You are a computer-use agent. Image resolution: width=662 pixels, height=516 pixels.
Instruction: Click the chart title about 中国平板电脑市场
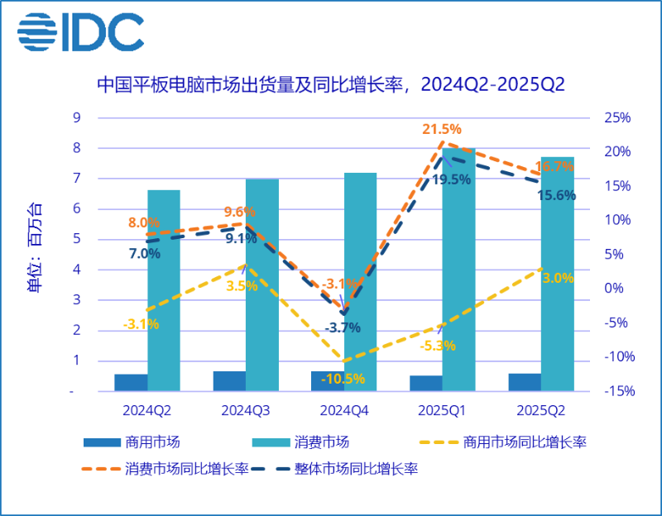(x=331, y=84)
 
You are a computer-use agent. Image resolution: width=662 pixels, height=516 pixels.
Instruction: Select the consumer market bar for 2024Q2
(x=164, y=289)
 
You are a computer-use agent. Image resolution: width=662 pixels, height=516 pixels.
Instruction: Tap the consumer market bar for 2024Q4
(x=360, y=281)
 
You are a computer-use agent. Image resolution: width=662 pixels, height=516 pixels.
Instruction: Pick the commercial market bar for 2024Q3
(x=229, y=381)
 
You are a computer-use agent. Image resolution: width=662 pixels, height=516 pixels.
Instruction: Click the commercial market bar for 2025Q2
(x=525, y=383)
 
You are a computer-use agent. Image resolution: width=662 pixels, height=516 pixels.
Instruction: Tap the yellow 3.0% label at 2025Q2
(x=557, y=278)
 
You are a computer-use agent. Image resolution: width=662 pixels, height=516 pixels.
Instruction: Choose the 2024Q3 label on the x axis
(x=245, y=409)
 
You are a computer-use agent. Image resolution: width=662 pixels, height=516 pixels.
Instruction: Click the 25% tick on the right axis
(x=616, y=117)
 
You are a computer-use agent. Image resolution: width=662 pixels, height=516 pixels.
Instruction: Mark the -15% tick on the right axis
(x=615, y=391)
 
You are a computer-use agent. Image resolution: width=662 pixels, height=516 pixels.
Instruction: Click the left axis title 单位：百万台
(x=35, y=248)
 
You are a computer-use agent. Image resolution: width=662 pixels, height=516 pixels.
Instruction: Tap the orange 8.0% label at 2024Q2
(x=143, y=222)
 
